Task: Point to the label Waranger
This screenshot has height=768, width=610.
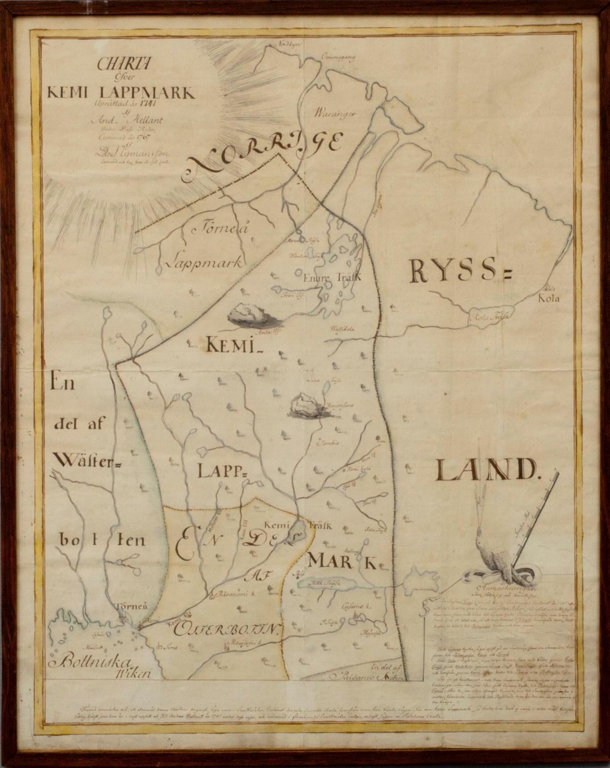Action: [335, 113]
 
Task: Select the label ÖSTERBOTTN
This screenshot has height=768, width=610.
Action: [227, 630]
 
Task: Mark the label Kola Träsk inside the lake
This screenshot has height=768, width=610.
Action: [489, 317]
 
